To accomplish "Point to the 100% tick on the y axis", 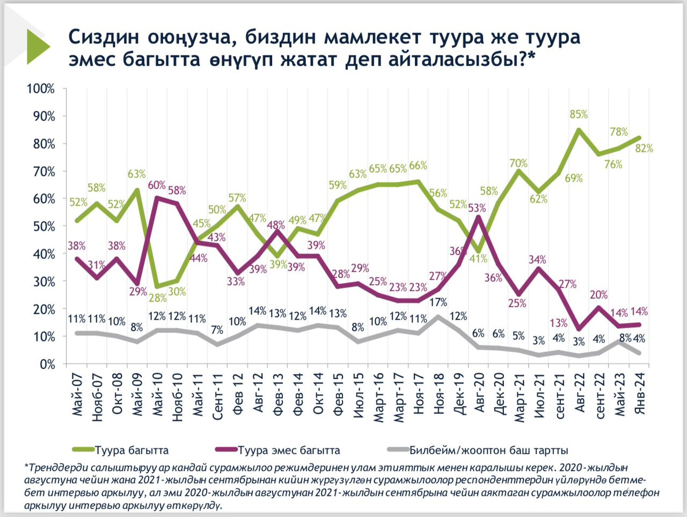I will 41,88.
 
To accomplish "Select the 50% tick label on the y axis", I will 43,226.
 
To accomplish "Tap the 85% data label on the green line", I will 579,114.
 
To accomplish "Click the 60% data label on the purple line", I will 157,186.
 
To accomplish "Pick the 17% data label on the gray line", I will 438,302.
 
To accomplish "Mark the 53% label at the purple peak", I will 477,208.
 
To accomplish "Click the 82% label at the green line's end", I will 644,149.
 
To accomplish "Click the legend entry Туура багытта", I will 131,450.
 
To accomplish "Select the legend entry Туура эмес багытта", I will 289,450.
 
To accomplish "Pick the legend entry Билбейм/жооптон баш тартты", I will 488,450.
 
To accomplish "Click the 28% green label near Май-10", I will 157,298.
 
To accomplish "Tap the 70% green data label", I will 518,163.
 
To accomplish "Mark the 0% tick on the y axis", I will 47,365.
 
